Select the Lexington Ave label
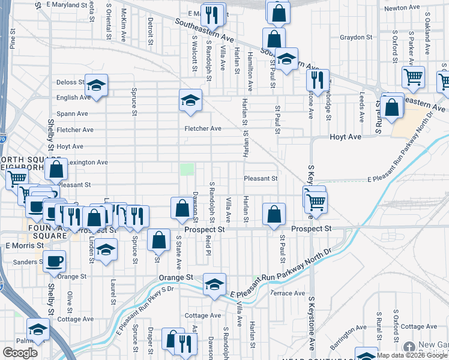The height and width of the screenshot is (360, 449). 87,162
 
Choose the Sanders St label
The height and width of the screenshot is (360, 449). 26,262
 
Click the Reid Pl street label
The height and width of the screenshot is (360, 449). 208,244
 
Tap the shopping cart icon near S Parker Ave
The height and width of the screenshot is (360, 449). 414,76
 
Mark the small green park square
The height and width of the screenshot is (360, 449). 188,169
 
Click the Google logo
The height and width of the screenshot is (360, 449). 20,353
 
